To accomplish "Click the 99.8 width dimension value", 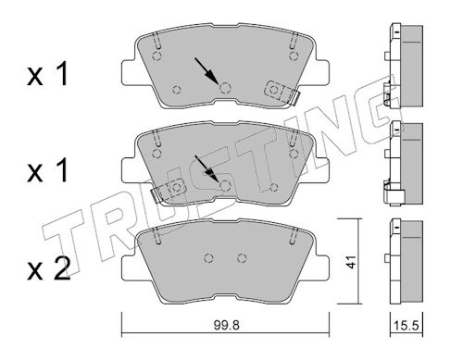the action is pyautogui.click(x=226, y=326).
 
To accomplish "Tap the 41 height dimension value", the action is pyautogui.click(x=351, y=262).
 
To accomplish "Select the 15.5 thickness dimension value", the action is pyautogui.click(x=407, y=326).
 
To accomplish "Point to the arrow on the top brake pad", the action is pyautogui.click(x=206, y=70).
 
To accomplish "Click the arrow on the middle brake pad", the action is pyautogui.click(x=206, y=168).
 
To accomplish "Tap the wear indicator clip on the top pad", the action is pyautogui.click(x=282, y=92).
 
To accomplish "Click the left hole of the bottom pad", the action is pyautogui.click(x=209, y=258).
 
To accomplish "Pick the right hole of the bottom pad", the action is pyautogui.click(x=242, y=258).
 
